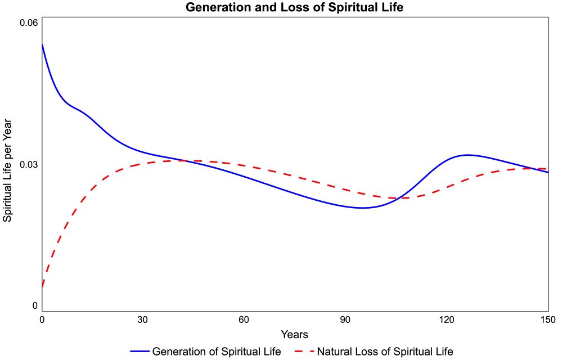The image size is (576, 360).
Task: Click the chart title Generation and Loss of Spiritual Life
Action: click(294, 8)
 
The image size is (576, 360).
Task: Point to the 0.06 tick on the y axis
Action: click(29, 22)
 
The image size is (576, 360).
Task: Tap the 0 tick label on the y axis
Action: click(35, 305)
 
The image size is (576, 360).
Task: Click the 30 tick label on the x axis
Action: click(143, 319)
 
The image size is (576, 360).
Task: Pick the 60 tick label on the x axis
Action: click(244, 319)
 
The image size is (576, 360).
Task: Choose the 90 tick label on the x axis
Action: click(345, 319)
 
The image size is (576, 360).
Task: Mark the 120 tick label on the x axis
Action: click(447, 319)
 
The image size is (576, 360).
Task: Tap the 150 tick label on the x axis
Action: click(548, 319)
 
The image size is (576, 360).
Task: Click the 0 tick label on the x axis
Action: click(42, 319)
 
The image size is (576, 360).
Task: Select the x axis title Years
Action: click(294, 335)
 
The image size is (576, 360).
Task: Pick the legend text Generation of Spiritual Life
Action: click(217, 352)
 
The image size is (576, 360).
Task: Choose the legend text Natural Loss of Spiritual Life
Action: click(385, 352)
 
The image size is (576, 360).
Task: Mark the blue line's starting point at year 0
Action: click(42, 45)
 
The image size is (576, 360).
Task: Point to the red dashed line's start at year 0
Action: click(42, 287)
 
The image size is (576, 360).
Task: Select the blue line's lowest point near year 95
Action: click(363, 208)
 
